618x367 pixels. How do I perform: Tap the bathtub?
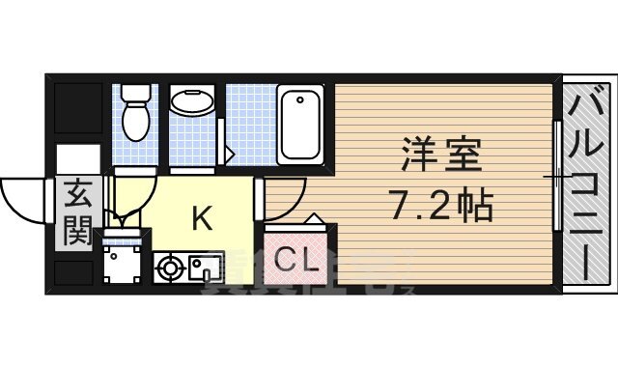[302, 126]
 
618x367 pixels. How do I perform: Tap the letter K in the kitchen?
[201, 219]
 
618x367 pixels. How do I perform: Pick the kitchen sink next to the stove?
[205, 265]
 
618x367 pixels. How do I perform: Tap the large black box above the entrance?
[77, 112]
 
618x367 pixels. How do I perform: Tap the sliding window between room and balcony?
[557, 175]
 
